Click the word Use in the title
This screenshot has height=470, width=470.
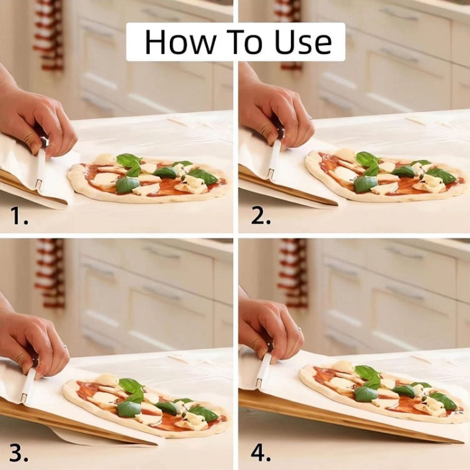pyautogui.click(x=302, y=42)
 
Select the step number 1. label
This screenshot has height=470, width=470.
pyautogui.click(x=19, y=216)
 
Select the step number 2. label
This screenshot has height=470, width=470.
pyautogui.click(x=260, y=216)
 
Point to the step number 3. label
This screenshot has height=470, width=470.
pyautogui.click(x=19, y=452)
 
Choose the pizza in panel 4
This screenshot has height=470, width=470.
pyautogui.click(x=382, y=392)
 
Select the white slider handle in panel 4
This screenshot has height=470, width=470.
pyautogui.click(x=264, y=370)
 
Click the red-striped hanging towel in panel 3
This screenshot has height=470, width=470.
pyautogui.click(x=50, y=273)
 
